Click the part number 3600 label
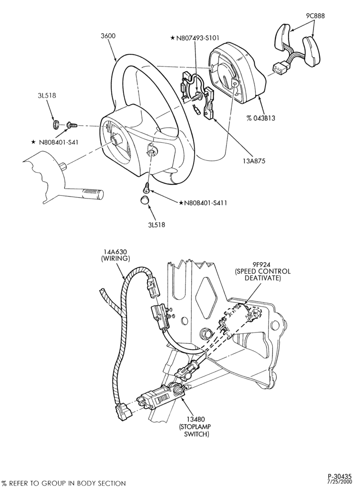click(x=108, y=36)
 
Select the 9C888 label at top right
click(x=315, y=16)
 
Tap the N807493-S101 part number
click(x=195, y=38)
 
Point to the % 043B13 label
click(x=261, y=118)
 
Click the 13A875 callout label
click(x=255, y=161)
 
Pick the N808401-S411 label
click(x=203, y=203)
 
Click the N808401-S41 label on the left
click(x=55, y=142)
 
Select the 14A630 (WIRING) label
click(x=115, y=255)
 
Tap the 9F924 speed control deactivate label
click(x=263, y=271)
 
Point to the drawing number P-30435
click(x=339, y=476)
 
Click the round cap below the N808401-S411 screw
click(x=144, y=200)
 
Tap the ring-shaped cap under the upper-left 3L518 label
click(x=56, y=124)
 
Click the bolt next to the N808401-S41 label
click(x=71, y=125)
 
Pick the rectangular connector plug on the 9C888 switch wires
click(x=279, y=67)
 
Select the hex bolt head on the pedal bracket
click(x=205, y=333)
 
